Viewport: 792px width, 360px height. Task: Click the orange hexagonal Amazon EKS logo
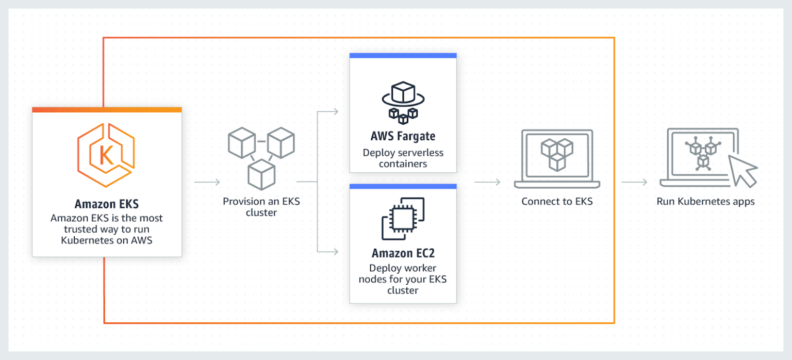coord(106,155)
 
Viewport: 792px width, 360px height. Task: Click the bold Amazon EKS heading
coord(107,204)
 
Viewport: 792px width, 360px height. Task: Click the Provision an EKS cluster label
coord(261,206)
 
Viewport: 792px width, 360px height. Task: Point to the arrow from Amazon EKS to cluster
coord(207,182)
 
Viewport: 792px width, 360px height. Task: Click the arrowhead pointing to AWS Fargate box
coord(335,112)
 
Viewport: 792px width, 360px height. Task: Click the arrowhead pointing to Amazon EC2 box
coord(335,252)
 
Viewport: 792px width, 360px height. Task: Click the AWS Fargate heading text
coord(403,137)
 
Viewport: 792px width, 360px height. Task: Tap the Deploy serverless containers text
coord(403,158)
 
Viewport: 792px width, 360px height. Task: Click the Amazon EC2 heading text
coord(403,254)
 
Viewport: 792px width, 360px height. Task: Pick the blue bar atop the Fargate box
coord(403,55)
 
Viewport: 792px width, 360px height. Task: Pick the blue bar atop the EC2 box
coord(403,186)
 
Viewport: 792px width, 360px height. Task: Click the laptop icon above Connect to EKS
coord(557,158)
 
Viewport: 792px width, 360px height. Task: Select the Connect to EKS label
coord(557,201)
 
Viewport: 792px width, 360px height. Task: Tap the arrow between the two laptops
coord(634,182)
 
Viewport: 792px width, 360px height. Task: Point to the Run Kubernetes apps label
coord(705,201)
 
